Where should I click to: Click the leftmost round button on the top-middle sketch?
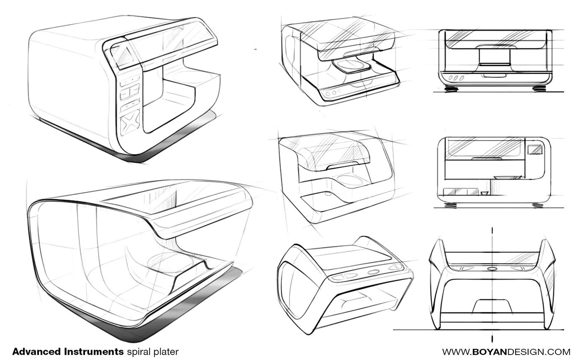tap(328, 94)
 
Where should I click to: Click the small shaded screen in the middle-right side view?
tap(535, 149)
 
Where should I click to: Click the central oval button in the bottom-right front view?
tap(492, 268)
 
